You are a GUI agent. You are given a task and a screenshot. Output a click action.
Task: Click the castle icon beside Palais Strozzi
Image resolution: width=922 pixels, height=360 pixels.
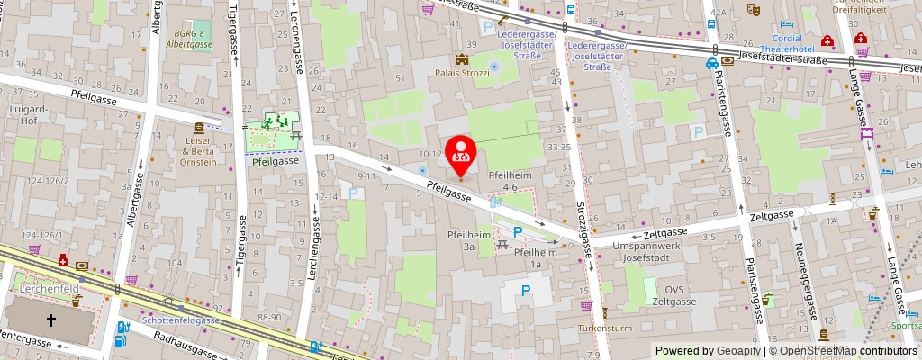pyautogui.click(x=463, y=58)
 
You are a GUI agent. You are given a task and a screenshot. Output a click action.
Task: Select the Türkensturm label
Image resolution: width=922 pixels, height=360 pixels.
pyautogui.click(x=605, y=328)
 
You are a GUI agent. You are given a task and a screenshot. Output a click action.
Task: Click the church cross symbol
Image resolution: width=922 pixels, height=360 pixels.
pyautogui.click(x=50, y=319)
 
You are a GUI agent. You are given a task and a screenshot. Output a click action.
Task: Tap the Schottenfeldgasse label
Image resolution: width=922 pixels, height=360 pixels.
pyautogui.click(x=180, y=319)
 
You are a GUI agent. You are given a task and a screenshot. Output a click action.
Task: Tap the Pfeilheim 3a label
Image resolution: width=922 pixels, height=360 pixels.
pyautogui.click(x=467, y=239)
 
